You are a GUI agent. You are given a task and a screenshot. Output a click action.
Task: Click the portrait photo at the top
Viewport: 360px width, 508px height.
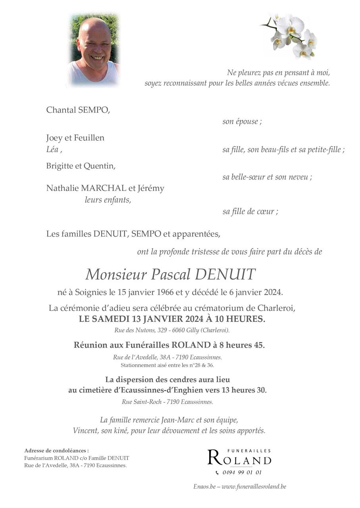pos(94,50)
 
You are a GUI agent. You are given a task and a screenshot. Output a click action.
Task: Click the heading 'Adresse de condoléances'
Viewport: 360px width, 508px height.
pos(56,450)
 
